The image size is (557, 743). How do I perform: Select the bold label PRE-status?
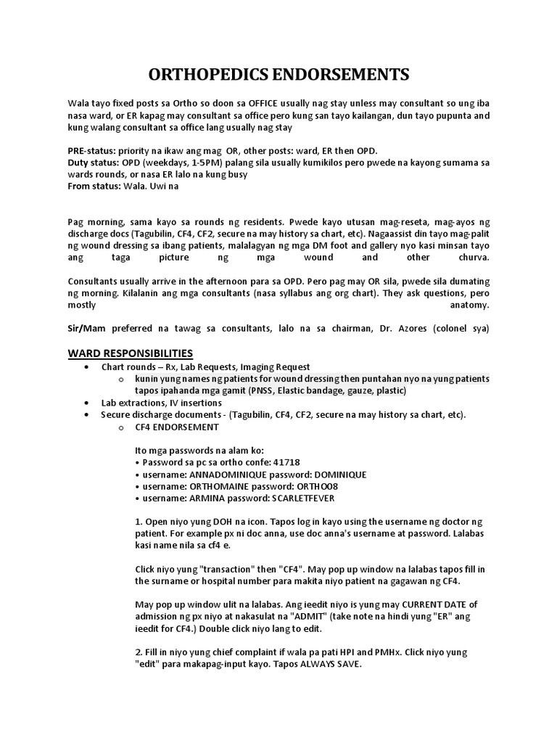(91, 150)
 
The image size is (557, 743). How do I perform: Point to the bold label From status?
(94, 185)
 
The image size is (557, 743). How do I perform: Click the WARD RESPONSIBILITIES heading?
(131, 353)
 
